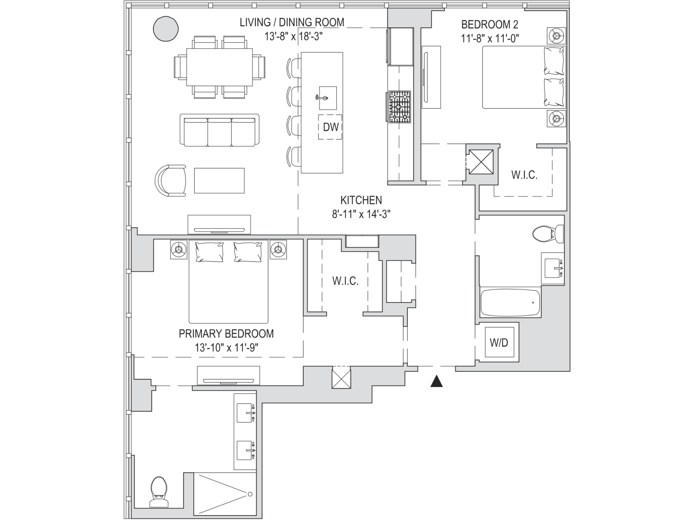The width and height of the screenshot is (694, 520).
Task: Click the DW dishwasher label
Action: pyautogui.click(x=331, y=127)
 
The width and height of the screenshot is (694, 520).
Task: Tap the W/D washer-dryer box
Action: pyautogui.click(x=499, y=342)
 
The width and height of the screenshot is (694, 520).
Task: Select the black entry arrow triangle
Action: pyautogui.click(x=436, y=381)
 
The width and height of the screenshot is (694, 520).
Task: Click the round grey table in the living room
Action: pyautogui.click(x=166, y=28)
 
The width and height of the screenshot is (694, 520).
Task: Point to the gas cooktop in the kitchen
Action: pyautogui.click(x=399, y=107)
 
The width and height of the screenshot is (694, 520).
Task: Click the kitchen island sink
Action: pyautogui.click(x=328, y=98)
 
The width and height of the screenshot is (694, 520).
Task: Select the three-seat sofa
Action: pyautogui.click(x=219, y=130)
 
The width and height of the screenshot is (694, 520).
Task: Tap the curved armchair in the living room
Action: pyautogui.click(x=171, y=181)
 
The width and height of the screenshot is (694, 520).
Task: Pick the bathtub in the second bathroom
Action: pyautogui.click(x=510, y=302)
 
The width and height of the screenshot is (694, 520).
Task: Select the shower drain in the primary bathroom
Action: pyautogui.click(x=250, y=494)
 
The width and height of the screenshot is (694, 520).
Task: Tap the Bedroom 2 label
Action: pyautogui.click(x=490, y=25)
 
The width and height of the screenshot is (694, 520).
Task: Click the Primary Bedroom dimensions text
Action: pyautogui.click(x=227, y=348)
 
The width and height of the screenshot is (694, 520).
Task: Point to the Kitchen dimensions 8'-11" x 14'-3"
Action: pyautogui.click(x=361, y=214)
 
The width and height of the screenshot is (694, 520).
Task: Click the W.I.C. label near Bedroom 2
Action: pyautogui.click(x=524, y=175)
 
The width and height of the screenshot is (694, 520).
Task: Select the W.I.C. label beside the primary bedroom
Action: pyautogui.click(x=345, y=281)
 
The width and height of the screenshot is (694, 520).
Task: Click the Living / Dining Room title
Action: pyautogui.click(x=292, y=23)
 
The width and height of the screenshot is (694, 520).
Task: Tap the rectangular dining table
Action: pyautogui.click(x=219, y=67)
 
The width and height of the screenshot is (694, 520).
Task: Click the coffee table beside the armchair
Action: pyautogui.click(x=219, y=181)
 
